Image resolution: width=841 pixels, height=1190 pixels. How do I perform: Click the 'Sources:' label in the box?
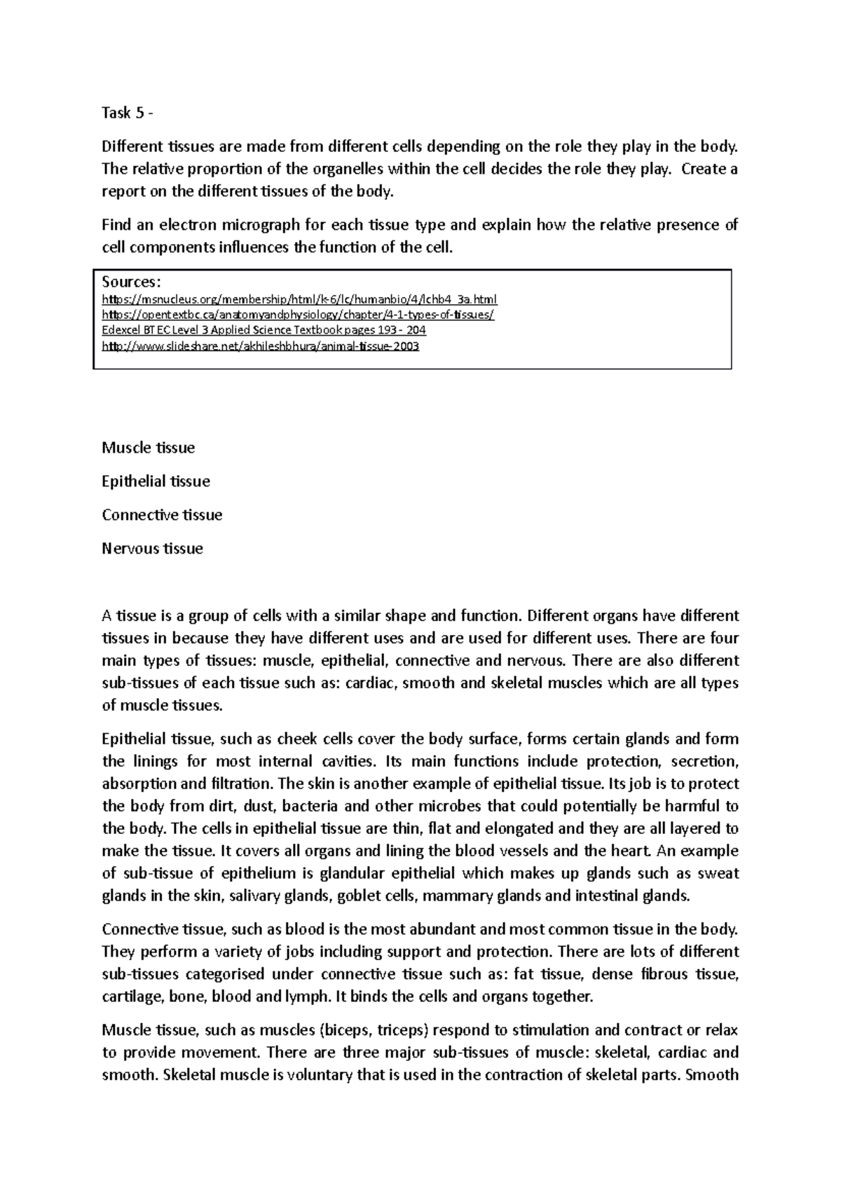tap(131, 282)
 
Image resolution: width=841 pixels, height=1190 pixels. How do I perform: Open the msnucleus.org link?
tap(299, 300)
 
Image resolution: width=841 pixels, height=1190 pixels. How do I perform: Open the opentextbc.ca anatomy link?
tap(298, 315)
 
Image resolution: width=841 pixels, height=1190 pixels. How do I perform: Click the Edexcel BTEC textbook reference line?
tap(264, 330)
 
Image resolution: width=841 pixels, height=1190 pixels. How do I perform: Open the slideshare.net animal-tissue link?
tap(260, 346)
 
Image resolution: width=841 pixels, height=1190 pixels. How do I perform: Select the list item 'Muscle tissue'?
tap(148, 448)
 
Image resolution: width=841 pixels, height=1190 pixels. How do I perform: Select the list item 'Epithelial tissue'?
tap(156, 481)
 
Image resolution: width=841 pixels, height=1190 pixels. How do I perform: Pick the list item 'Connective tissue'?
tap(162, 515)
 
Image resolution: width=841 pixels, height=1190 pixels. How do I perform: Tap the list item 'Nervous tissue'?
tap(152, 549)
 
